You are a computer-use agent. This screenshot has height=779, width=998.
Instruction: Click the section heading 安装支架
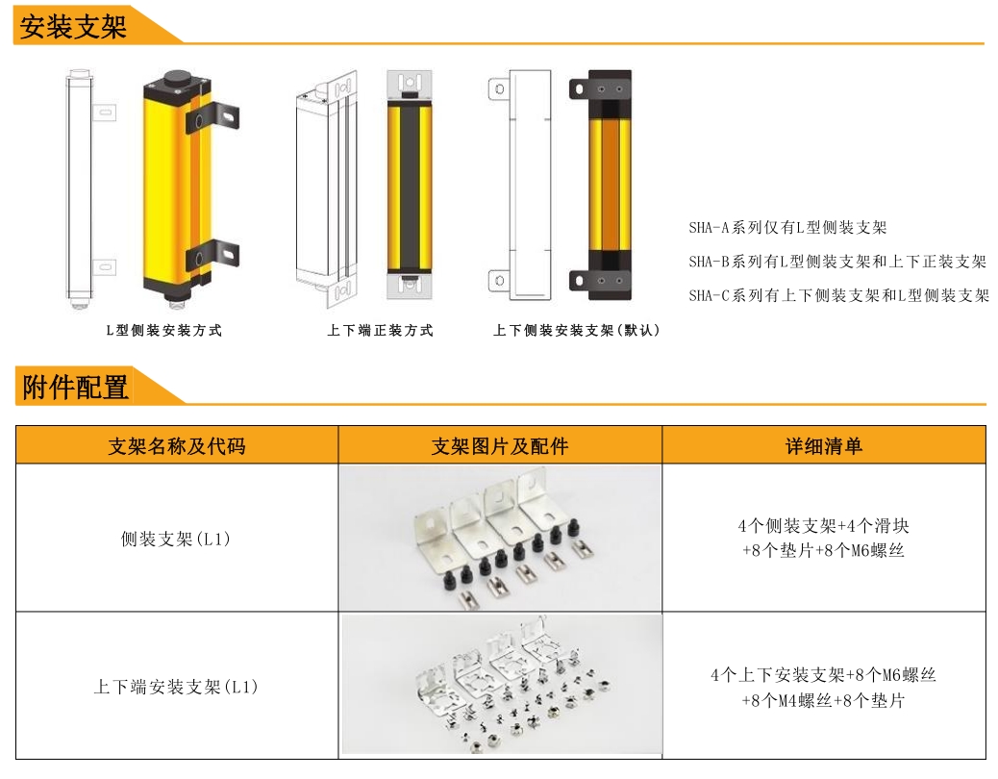click(74, 26)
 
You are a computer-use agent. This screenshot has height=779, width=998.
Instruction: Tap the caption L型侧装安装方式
click(163, 331)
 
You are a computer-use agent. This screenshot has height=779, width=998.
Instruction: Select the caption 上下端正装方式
click(380, 331)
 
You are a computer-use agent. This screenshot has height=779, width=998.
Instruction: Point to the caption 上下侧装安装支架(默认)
click(577, 331)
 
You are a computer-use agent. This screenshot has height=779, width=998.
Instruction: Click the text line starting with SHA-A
click(787, 228)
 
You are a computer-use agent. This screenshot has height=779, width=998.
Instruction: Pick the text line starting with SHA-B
click(837, 262)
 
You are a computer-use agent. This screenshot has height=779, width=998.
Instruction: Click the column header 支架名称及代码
click(177, 446)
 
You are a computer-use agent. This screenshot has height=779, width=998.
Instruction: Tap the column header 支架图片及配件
click(500, 446)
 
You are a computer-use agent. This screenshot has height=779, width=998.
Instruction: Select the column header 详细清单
click(824, 446)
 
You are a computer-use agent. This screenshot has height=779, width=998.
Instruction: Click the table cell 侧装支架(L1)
click(176, 540)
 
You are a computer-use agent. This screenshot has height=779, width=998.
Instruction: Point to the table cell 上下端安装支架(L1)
click(176, 688)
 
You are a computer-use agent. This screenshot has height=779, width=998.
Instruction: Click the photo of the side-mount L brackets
click(500, 539)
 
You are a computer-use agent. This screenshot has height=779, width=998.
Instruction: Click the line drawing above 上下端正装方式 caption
click(326, 183)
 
